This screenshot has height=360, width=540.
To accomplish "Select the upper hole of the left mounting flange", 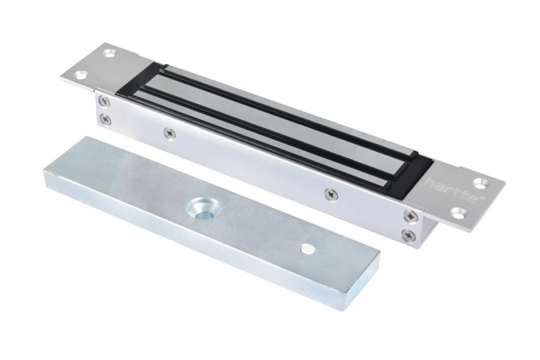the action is [x=110, y=54].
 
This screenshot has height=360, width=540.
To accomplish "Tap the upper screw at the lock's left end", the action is [x=104, y=101].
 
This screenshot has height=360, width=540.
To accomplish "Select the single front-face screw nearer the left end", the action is [x=169, y=132].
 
